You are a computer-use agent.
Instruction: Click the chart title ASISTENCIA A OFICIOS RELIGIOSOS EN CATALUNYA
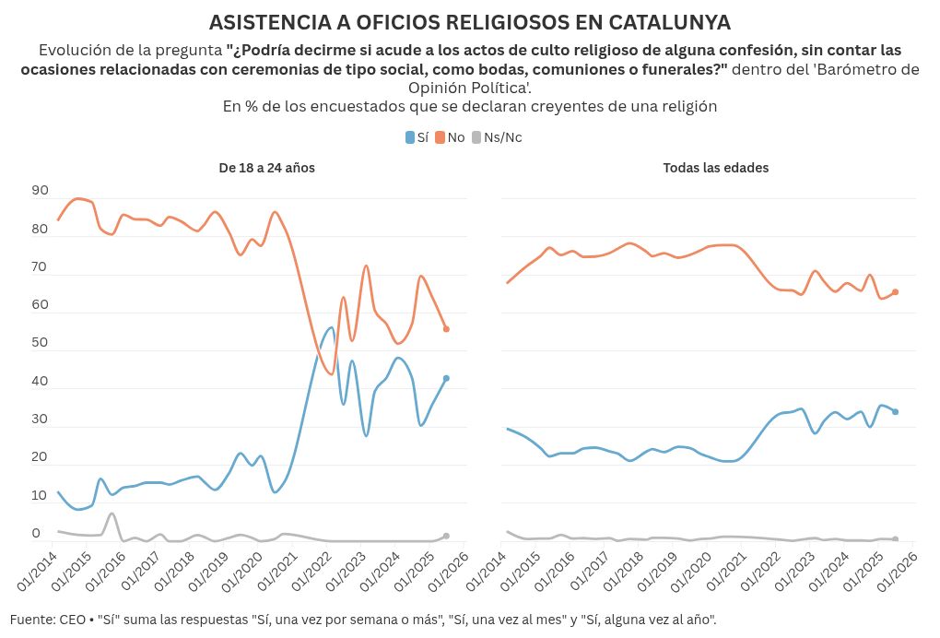[x=470, y=22]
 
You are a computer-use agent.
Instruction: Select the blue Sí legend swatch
[x=410, y=137]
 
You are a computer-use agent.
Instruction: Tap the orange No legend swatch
[x=441, y=137]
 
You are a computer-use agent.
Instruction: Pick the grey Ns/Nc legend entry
[x=497, y=137]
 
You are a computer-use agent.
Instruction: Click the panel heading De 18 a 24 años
[x=267, y=168]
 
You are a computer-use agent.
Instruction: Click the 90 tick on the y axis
[x=41, y=191]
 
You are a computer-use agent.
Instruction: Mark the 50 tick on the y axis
[x=41, y=343]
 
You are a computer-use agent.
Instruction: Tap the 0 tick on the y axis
[x=37, y=534]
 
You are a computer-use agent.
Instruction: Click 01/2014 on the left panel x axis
[x=40, y=573]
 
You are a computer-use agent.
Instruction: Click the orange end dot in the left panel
[x=446, y=329]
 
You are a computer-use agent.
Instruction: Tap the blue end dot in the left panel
[x=446, y=378]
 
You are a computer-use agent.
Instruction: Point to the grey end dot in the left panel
[x=446, y=536]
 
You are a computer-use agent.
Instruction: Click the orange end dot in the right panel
[x=895, y=292]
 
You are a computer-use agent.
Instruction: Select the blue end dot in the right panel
[x=895, y=412]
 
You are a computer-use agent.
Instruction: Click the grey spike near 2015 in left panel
[x=112, y=514]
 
